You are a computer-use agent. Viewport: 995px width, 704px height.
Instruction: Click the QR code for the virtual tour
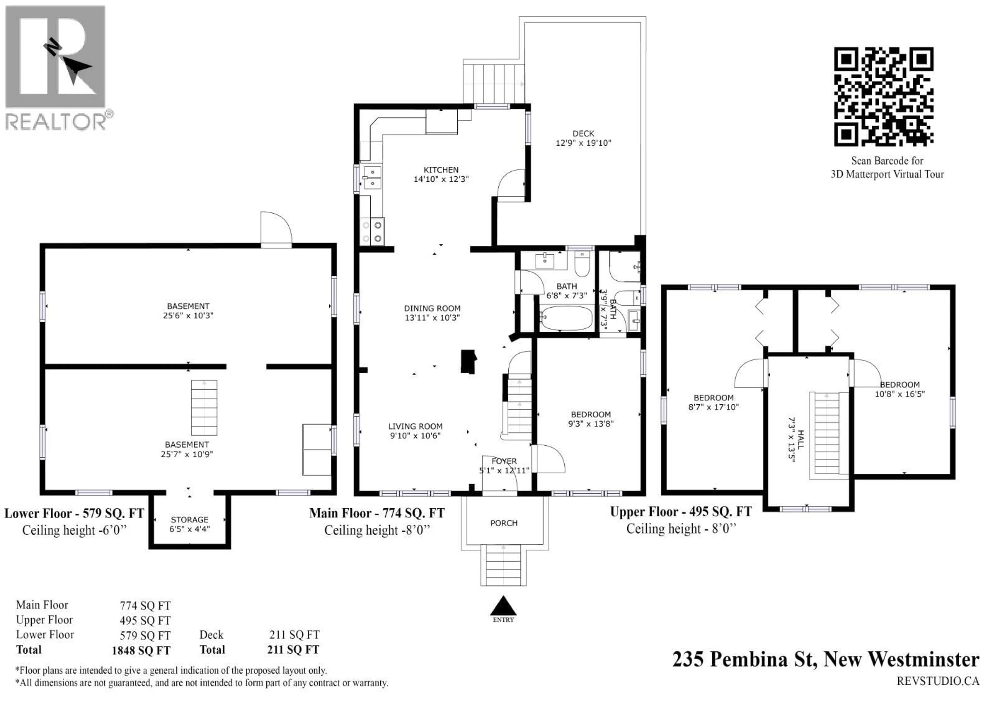point(884,96)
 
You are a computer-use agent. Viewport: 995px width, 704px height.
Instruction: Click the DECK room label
point(583,134)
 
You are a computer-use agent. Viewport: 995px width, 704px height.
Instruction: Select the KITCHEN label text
point(441,170)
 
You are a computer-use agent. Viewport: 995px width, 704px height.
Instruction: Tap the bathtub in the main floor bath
point(566,318)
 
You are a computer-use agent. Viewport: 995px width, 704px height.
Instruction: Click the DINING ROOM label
point(432,308)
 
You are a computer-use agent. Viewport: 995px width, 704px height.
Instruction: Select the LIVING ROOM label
point(415,426)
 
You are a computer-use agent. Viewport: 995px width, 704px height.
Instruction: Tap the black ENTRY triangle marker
point(503,605)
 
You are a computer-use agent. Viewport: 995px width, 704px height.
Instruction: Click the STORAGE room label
point(189,520)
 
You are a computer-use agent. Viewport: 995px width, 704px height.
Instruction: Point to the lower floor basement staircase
point(204,408)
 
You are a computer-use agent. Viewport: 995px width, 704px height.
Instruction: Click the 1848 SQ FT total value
point(141,651)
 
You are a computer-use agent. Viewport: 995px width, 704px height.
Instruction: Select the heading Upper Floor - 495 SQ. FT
point(681,512)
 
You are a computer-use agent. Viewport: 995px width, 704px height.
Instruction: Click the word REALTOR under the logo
point(55,122)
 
